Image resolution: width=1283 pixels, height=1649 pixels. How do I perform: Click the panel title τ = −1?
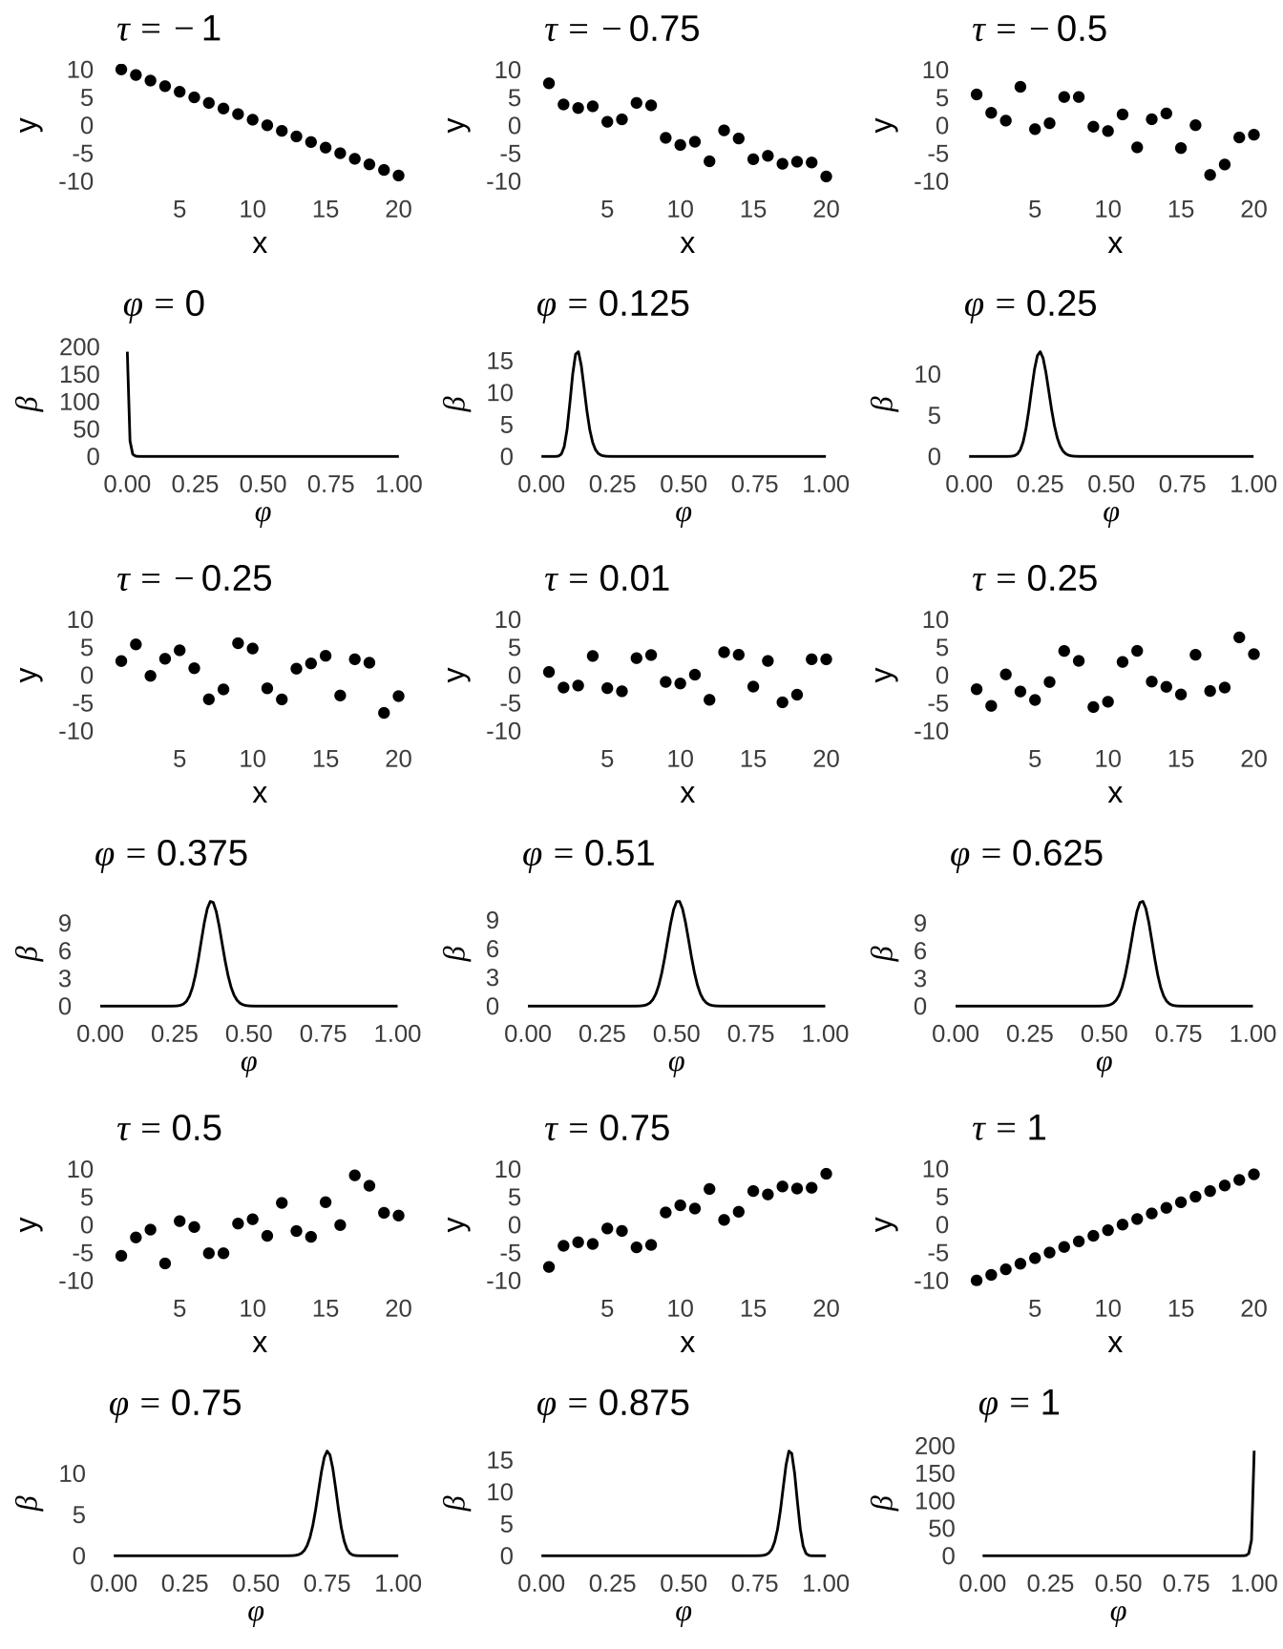point(168,30)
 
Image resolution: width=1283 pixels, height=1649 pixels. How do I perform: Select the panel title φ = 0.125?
point(612,304)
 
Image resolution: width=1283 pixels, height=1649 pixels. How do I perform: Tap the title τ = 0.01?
point(606,579)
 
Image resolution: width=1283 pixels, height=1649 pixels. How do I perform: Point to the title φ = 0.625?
point(1026,854)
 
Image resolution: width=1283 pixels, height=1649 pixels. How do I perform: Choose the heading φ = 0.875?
point(612,1404)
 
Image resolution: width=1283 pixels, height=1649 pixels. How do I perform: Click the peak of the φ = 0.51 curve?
point(678,901)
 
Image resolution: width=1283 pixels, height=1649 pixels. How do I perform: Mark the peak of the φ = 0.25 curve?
point(1040,352)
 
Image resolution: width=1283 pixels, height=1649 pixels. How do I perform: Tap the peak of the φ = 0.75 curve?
point(327,1451)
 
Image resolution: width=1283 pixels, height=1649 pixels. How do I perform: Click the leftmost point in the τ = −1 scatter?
point(121,70)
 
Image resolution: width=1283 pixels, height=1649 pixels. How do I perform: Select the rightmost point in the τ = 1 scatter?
point(1253,1175)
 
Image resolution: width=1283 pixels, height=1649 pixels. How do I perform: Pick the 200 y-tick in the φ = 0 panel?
point(79,347)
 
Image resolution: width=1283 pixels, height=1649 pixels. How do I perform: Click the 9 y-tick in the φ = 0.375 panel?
point(64,923)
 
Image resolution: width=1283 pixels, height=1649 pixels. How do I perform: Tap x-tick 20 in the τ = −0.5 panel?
point(1253,210)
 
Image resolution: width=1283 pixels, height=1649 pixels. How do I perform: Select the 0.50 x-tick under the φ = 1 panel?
point(1118,1584)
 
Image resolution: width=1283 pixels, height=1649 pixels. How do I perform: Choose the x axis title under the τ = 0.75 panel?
point(686,1344)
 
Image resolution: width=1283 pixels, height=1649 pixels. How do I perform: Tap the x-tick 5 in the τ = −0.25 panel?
point(179,760)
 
